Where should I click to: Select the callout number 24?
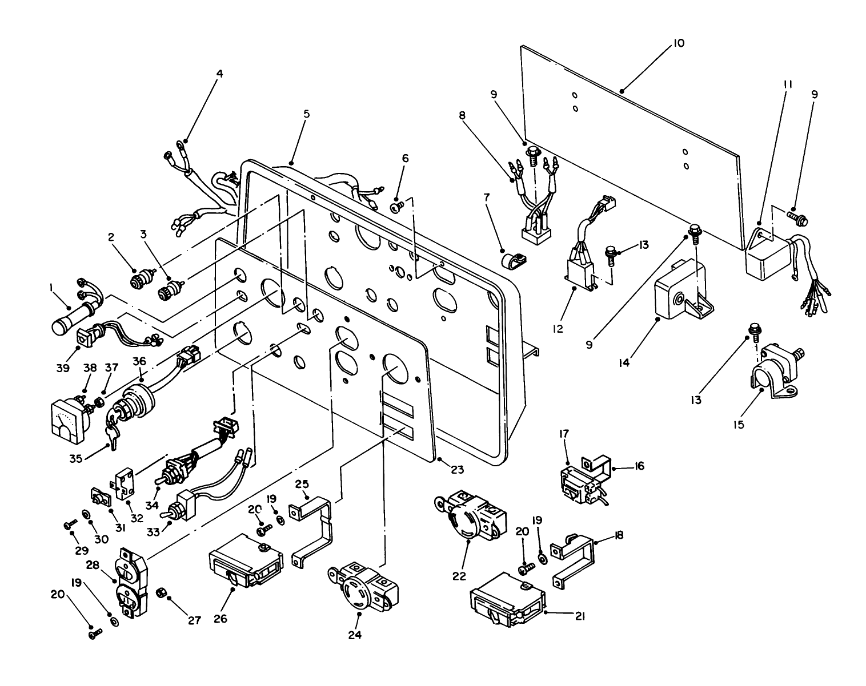pos(358,634)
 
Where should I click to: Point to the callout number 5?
pos(306,114)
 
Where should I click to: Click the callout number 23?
pos(457,470)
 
